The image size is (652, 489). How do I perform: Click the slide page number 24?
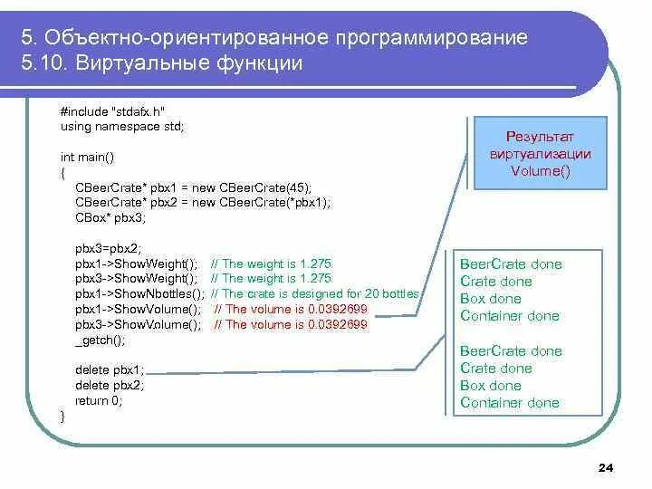(x=607, y=467)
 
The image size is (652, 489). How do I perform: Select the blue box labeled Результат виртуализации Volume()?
(x=541, y=153)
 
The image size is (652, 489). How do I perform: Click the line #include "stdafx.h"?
(x=112, y=110)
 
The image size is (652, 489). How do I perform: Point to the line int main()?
(x=87, y=158)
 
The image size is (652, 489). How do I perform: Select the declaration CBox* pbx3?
(x=110, y=218)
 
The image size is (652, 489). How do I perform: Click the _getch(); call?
(x=100, y=340)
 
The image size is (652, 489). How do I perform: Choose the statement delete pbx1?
(x=109, y=369)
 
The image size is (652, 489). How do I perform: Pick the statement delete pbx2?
(x=109, y=385)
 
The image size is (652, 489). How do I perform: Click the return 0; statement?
(x=98, y=400)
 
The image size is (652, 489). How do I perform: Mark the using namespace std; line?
(x=121, y=127)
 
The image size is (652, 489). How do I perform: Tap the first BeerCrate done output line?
(x=511, y=264)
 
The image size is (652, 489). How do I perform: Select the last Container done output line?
(x=510, y=403)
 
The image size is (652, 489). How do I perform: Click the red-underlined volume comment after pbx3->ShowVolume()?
(x=291, y=325)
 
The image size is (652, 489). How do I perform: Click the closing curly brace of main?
(x=62, y=416)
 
